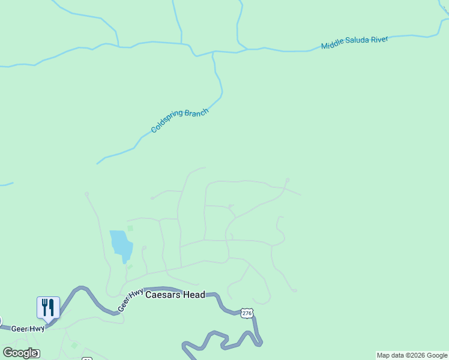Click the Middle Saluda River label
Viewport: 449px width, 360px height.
[354, 43]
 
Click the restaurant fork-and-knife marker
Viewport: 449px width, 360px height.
[48, 307]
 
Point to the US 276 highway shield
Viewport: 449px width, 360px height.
[247, 313]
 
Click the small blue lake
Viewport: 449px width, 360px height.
[121, 245]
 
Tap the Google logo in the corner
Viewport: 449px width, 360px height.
[20, 353]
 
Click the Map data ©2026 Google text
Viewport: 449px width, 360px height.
[412, 355]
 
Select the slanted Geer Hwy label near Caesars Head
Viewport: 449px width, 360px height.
[130, 299]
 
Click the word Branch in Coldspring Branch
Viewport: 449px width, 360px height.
[196, 114]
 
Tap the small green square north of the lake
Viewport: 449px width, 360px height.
[130, 229]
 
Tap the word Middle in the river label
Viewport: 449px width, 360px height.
[331, 45]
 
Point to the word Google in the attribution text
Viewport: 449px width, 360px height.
[436, 355]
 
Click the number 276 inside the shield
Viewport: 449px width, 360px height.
[247, 313]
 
